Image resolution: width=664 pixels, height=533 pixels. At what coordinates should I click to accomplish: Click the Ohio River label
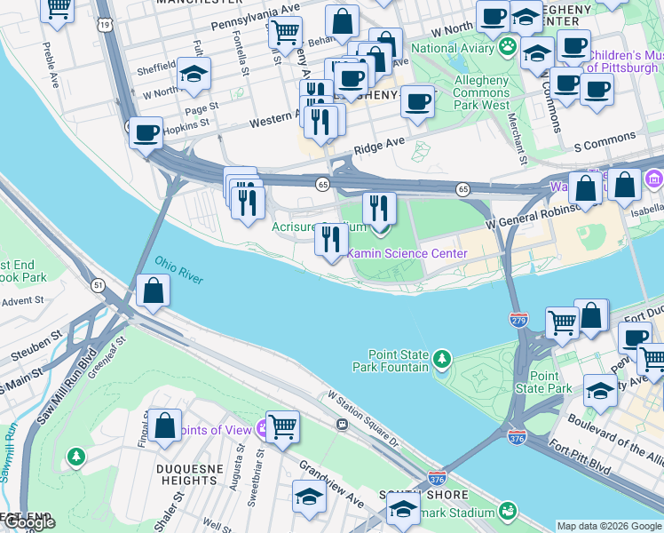179,271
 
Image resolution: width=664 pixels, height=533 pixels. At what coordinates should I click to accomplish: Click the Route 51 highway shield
97,284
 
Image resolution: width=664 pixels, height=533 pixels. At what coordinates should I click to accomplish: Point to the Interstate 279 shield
519,318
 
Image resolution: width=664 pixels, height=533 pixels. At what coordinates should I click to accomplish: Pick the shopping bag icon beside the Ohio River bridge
154,291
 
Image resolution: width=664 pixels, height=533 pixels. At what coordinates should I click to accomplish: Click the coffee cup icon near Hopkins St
146,134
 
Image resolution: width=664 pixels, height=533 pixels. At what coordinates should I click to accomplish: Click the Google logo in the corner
30,523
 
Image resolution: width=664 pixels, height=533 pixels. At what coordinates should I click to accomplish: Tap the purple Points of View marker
264,430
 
